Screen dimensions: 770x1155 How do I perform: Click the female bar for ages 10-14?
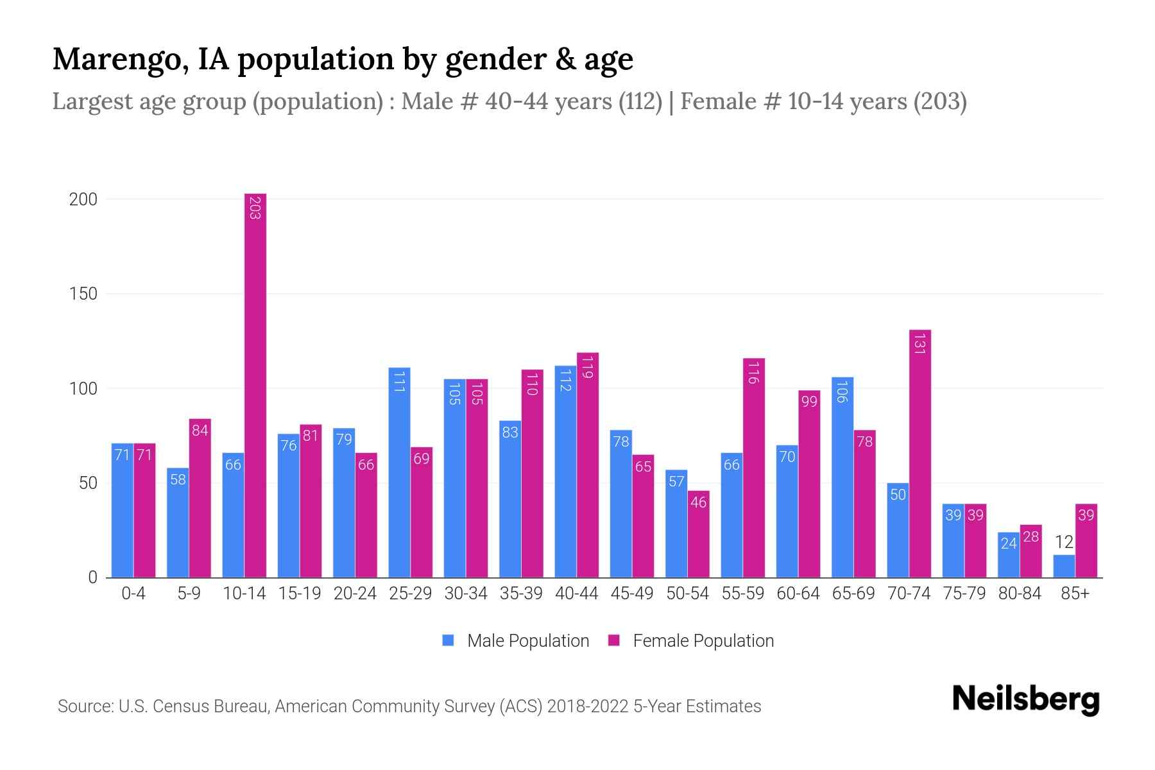tap(255, 385)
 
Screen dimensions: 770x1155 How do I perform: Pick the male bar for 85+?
tap(1064, 566)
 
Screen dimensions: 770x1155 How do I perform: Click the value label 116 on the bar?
tap(753, 372)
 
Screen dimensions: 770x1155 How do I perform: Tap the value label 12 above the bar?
tap(1064, 542)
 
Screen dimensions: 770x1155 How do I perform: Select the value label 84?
tap(200, 431)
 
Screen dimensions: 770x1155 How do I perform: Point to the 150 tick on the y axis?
tap(83, 294)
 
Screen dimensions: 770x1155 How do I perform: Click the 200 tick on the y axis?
tap(83, 200)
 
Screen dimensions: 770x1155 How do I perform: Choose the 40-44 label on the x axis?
tap(576, 594)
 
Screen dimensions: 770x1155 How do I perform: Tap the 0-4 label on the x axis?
tap(133, 594)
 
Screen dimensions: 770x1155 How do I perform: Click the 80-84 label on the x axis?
tap(1020, 594)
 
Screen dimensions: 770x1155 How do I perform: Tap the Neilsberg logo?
tap(1025, 699)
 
